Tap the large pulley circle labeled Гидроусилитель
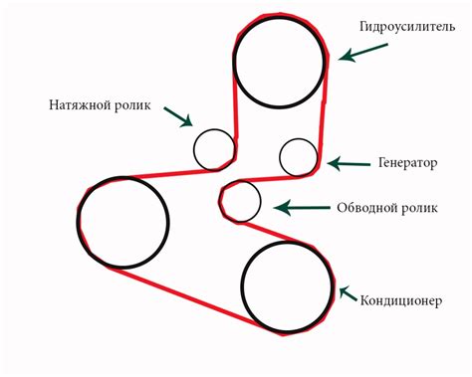(x=280, y=62)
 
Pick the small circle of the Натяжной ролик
(x=213, y=149)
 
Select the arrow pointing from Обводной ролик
(x=296, y=208)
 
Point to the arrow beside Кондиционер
(x=349, y=293)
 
